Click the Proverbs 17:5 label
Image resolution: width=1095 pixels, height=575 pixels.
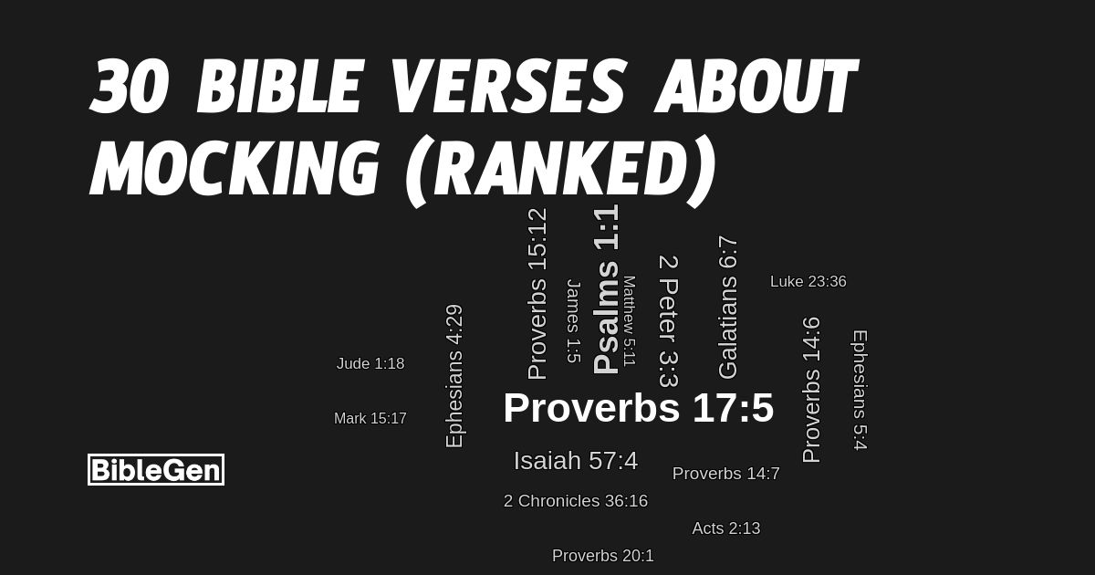(x=638, y=408)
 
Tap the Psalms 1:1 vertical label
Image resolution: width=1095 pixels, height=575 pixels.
(x=607, y=289)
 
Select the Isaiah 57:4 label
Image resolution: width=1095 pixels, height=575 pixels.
(x=575, y=461)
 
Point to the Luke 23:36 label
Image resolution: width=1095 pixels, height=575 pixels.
(x=808, y=282)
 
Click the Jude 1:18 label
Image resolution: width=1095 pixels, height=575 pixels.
(x=370, y=364)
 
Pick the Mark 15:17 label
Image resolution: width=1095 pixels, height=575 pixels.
(x=370, y=419)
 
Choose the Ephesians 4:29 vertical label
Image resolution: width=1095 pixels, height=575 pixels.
(x=454, y=376)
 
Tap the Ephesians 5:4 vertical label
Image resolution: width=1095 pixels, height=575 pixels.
(x=859, y=390)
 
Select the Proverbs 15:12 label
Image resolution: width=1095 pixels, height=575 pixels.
(x=537, y=294)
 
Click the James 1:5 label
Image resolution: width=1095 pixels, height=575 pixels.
(x=573, y=321)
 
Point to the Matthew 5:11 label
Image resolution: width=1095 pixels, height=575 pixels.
(x=629, y=320)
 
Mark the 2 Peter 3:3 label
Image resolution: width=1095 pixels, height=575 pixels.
(x=668, y=321)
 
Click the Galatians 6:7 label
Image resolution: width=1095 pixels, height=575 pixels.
(x=727, y=308)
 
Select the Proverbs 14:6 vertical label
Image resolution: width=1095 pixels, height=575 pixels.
(x=811, y=390)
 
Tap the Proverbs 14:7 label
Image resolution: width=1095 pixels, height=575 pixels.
(x=725, y=474)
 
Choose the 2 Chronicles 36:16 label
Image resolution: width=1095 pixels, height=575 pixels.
(x=575, y=501)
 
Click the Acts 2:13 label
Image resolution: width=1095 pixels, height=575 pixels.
(x=725, y=528)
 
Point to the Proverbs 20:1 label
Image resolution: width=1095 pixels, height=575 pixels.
(x=602, y=556)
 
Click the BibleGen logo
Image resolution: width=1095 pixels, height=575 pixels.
(x=156, y=470)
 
